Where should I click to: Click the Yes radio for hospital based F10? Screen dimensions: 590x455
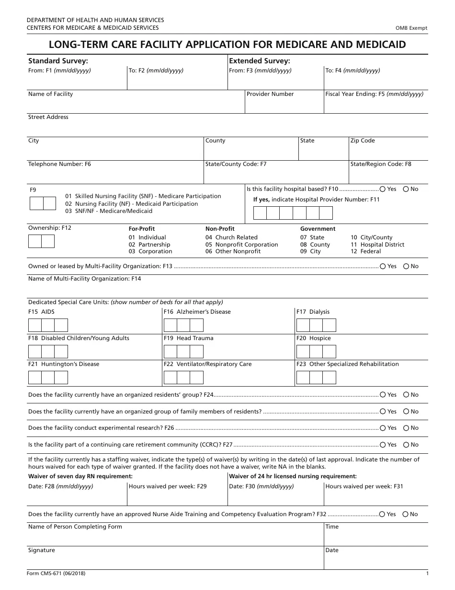[x=383, y=189]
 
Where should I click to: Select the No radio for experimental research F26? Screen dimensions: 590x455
[x=406, y=428]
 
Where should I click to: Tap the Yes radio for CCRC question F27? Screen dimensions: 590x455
[x=383, y=445]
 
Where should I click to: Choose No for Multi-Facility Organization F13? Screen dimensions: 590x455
[x=406, y=266]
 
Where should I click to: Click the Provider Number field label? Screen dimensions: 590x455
[x=270, y=94]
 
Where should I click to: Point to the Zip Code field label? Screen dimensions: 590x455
[x=363, y=141]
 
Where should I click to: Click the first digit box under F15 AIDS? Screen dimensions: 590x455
[x=35, y=326]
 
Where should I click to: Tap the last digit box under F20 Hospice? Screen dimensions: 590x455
[x=329, y=352]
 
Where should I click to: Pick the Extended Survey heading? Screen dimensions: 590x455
[x=260, y=61]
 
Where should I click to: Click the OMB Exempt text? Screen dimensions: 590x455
[x=411, y=28]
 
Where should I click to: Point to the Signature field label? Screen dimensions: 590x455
[x=42, y=550]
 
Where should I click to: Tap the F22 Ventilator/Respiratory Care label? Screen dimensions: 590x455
[x=207, y=364]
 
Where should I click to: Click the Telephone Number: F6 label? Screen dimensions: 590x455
[x=59, y=164]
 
